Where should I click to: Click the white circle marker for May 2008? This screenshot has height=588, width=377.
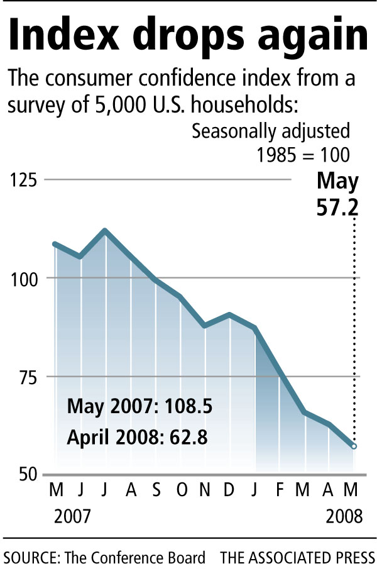pyautogui.click(x=354, y=446)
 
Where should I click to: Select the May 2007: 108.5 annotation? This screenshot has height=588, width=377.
pyautogui.click(x=139, y=406)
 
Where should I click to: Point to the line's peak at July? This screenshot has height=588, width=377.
pyautogui.click(x=106, y=231)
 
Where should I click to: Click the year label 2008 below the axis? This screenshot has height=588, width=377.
pyautogui.click(x=344, y=516)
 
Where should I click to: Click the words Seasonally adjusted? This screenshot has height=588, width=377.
pyautogui.click(x=271, y=133)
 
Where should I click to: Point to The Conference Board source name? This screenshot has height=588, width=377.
pyautogui.click(x=133, y=558)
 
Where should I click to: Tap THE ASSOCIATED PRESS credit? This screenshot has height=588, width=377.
pyautogui.click(x=297, y=558)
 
